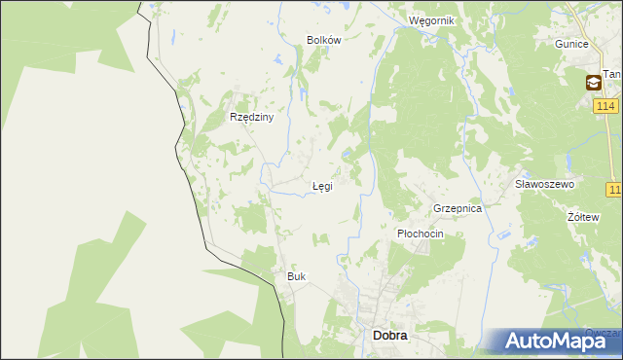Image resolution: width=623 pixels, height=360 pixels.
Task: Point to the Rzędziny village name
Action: [x=251, y=117]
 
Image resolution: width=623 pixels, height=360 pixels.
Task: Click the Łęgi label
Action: [x=321, y=186]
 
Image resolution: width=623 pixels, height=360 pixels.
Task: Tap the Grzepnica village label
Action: [x=458, y=208]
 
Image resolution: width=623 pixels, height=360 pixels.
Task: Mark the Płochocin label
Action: [x=421, y=234]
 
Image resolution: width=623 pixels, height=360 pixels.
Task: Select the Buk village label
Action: [x=296, y=276]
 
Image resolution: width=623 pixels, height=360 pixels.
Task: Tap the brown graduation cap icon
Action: [x=593, y=84]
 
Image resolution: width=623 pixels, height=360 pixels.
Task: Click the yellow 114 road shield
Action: [x=605, y=105]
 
